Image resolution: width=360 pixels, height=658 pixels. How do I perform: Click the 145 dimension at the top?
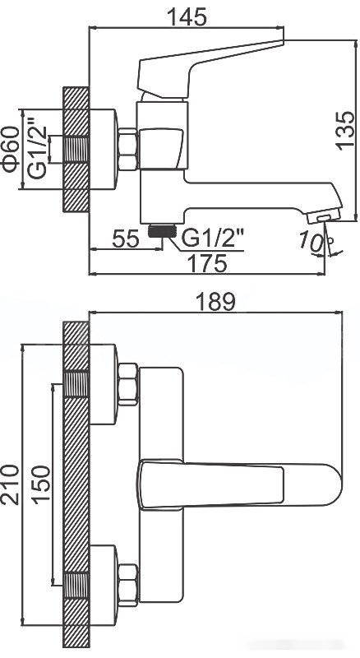[x=185, y=14]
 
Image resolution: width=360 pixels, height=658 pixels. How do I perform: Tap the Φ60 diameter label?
[x=12, y=148]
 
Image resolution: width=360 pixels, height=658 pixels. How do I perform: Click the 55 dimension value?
[x=126, y=239]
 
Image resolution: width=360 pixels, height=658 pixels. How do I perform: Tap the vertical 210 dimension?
[x=12, y=485]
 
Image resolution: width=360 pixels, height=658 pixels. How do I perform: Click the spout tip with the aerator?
[x=321, y=215]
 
